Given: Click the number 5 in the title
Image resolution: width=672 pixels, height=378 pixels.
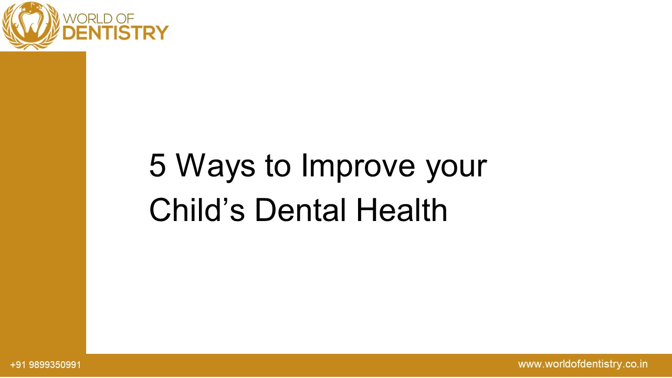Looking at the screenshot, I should point(158,166).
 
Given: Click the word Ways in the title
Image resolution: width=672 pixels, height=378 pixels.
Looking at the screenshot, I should point(216,166).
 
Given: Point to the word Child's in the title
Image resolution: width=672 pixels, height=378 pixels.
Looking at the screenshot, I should point(197,210).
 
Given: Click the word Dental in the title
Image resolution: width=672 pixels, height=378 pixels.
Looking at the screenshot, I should point(301,210).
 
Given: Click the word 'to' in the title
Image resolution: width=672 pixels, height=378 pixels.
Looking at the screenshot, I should point(277,166).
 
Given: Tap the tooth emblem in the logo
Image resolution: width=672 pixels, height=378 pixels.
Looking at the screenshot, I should point(30,25).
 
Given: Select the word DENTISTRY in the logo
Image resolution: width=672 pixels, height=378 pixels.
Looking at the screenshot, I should point(115,33).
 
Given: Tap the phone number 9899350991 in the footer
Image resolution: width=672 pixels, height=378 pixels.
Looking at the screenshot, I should point(55,365).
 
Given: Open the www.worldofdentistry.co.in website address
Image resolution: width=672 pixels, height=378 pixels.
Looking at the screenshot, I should point(583,364).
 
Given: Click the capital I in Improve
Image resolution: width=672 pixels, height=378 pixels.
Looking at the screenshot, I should point(304,166).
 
